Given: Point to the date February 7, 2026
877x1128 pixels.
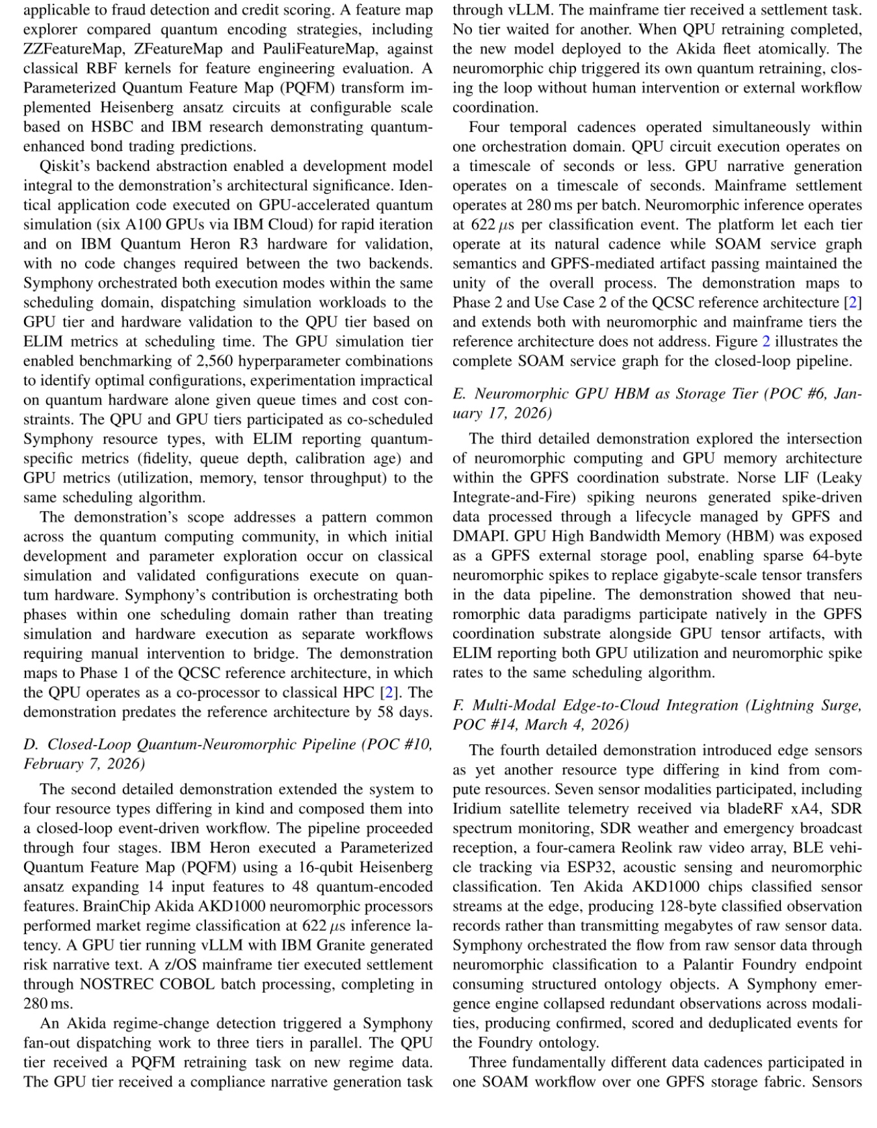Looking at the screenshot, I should pyautogui.click(x=85, y=764).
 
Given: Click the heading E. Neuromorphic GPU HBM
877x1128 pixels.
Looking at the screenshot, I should pyautogui.click(x=572, y=394).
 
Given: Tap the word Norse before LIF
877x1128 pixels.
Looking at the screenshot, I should pyautogui.click(x=756, y=479).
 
